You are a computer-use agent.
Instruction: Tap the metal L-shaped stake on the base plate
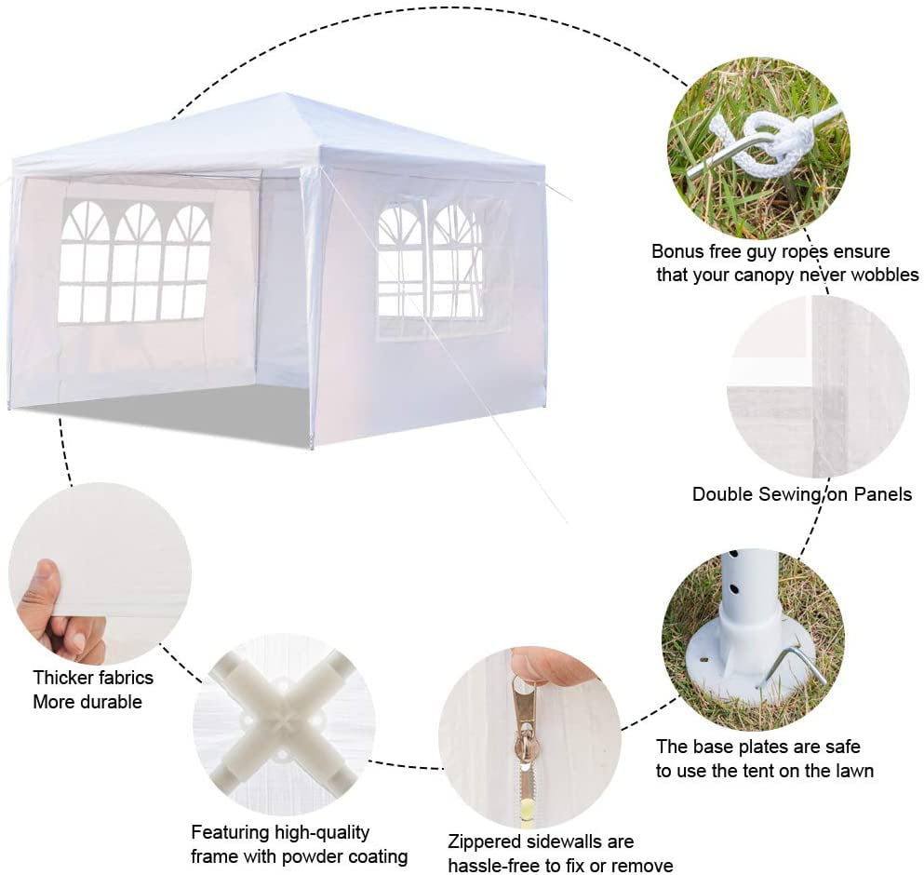tap(792, 666)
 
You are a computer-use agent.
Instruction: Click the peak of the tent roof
tap(287, 94)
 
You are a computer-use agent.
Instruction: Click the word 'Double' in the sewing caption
tap(721, 494)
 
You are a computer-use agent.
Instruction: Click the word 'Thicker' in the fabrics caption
tap(60, 678)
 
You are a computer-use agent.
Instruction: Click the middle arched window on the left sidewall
tap(136, 262)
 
